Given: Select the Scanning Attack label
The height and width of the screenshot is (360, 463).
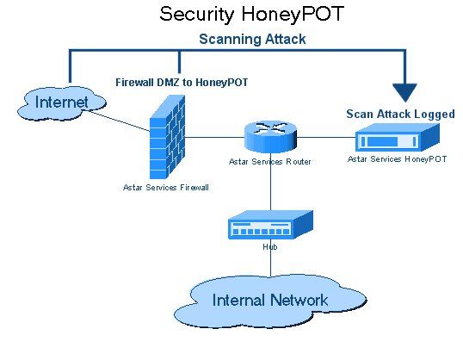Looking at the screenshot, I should pos(252,39).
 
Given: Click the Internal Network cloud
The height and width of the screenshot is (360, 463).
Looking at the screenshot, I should pos(269,300).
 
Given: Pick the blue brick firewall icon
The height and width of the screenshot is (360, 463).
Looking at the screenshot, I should pos(167,138).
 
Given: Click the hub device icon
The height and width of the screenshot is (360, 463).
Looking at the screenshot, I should pos(269,226).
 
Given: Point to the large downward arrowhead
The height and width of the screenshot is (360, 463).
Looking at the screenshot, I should pos(404,91).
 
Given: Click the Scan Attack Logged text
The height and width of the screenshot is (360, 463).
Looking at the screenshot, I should pos(400,114).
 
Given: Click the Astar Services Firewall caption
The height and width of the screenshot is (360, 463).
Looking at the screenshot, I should pos(166,186).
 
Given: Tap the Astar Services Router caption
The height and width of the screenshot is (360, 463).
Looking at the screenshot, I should pos(269,161).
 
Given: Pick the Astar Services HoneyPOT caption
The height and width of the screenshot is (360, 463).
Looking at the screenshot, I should pos(397,158).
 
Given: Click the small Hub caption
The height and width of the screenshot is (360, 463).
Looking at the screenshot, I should pos(269,246).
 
